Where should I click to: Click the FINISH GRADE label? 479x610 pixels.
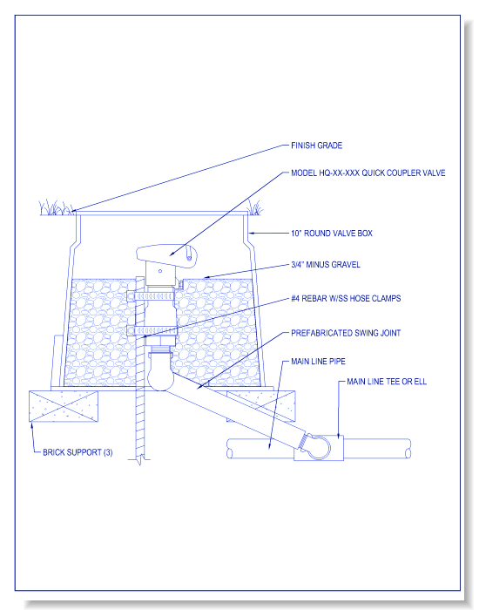pyautogui.click(x=316, y=146)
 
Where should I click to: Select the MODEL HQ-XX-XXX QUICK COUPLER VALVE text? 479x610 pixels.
pyautogui.click(x=368, y=173)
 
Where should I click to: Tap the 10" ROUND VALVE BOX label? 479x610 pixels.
pyautogui.click(x=332, y=233)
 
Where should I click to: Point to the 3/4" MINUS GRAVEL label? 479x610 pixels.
pyautogui.click(x=326, y=265)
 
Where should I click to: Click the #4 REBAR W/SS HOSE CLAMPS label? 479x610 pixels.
pyautogui.click(x=346, y=298)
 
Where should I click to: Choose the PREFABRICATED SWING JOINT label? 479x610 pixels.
pyautogui.click(x=346, y=333)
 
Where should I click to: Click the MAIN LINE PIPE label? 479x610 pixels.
pyautogui.click(x=318, y=362)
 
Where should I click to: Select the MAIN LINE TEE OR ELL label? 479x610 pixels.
pyautogui.click(x=387, y=382)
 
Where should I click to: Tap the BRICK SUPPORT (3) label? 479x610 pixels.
pyautogui.click(x=78, y=452)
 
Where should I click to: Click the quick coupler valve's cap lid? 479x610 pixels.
pyautogui.click(x=167, y=254)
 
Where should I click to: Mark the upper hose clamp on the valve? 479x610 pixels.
pyautogui.click(x=152, y=296)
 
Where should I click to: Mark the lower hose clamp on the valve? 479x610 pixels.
pyautogui.click(x=152, y=331)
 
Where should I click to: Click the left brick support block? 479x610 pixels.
pyautogui.click(x=64, y=406)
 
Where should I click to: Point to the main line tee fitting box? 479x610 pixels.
pyautogui.click(x=319, y=448)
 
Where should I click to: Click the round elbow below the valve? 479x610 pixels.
pyautogui.click(x=159, y=376)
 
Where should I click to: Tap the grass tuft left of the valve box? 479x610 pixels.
pyautogui.click(x=56, y=207)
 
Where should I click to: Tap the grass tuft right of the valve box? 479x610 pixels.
pyautogui.click(x=255, y=207)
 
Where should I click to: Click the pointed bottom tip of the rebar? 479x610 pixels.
pyautogui.click(x=138, y=465)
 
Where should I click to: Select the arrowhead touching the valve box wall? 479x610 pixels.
pyautogui.click(x=252, y=234)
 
